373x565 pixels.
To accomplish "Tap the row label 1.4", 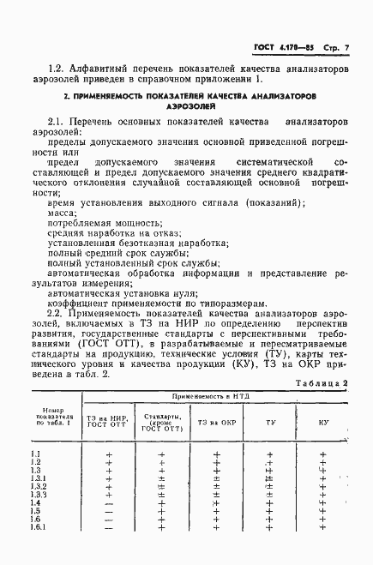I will tap(35, 502).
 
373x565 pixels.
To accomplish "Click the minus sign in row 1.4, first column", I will tap(108, 503).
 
